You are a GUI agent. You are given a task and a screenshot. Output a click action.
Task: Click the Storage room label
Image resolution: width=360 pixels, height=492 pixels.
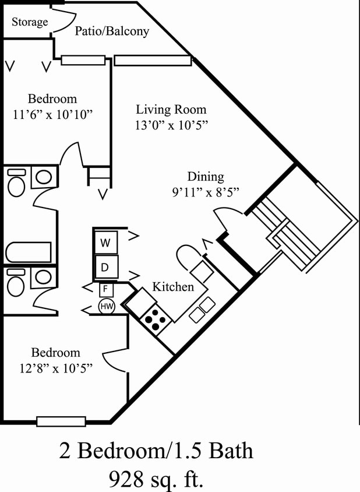[30, 22]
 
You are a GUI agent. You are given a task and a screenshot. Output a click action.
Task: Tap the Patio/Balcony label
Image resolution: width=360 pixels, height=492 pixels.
[112, 31]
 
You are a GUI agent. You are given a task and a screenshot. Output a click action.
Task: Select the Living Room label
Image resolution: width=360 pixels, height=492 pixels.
[171, 109]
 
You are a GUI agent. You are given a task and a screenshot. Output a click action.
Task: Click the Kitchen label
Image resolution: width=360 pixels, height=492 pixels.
[172, 287]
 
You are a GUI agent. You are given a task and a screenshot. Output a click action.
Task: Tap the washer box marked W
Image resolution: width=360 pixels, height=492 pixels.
[106, 242]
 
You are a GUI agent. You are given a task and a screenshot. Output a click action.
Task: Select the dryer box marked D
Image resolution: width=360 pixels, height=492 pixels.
[106, 267]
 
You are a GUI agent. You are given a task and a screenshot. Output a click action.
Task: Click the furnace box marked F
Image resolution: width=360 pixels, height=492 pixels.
[106, 289]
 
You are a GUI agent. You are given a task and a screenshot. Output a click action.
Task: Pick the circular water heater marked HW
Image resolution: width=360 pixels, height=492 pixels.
[106, 306]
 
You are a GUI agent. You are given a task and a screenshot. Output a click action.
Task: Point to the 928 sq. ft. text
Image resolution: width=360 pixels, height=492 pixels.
[156, 479]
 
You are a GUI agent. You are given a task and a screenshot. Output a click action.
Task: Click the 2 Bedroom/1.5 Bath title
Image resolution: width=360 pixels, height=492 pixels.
[156, 451]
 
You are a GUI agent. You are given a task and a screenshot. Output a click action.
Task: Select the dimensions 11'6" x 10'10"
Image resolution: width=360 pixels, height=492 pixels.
[52, 114]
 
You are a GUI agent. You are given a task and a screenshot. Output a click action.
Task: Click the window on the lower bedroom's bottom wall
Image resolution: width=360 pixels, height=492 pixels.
[61, 421]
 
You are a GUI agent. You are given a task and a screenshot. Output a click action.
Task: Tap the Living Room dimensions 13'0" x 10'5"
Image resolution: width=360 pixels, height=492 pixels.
[171, 124]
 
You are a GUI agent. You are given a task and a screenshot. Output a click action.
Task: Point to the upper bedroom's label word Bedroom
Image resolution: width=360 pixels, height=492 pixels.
[52, 99]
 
